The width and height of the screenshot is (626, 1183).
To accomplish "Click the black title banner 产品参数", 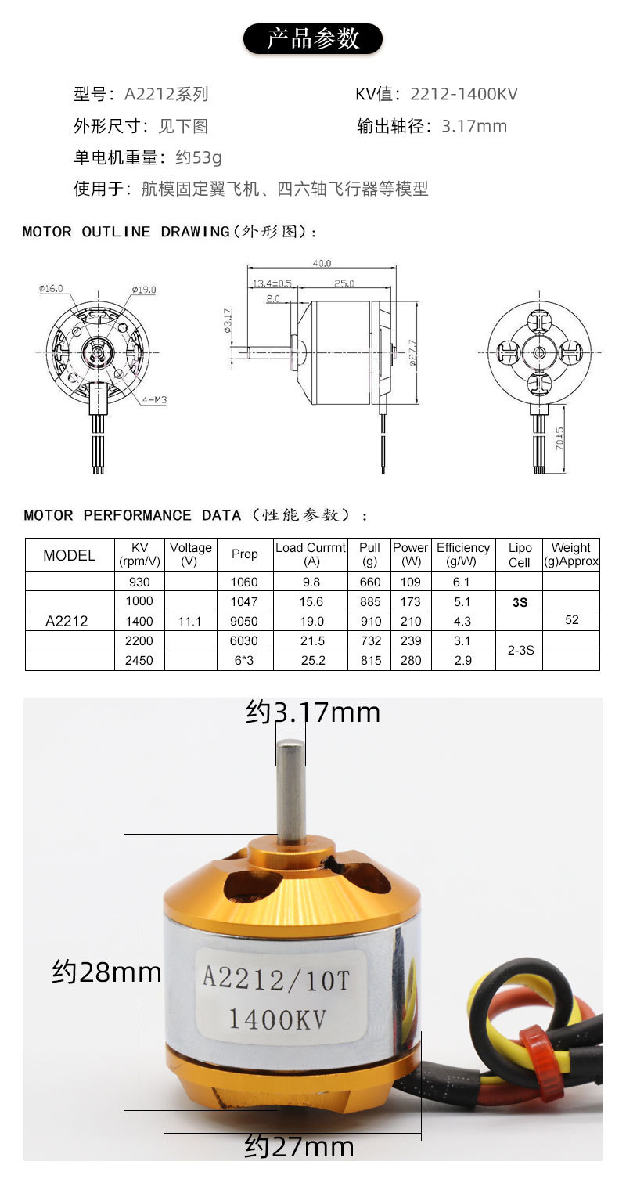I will coord(313,38).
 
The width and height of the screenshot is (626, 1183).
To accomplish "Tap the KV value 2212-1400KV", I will coord(463,95).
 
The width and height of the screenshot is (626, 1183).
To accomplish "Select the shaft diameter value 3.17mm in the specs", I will coord(474,126).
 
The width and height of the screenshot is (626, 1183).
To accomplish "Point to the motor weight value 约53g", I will coord(199,157).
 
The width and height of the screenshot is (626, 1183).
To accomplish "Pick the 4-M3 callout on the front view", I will coord(154,400).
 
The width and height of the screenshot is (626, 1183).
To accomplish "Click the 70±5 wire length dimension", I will coord(560,443).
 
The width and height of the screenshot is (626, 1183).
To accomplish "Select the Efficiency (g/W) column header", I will coord(462,554).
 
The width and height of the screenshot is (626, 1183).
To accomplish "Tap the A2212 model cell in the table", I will coord(67,621).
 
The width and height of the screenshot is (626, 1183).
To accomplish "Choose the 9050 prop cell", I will coord(244,621).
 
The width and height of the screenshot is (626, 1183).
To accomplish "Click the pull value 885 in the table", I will coord(369,601).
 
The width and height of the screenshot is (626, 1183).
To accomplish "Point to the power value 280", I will coord(410,660).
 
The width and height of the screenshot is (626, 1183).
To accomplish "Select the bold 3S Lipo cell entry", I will coord(519,602).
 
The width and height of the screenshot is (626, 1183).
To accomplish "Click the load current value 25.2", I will coord(311,660).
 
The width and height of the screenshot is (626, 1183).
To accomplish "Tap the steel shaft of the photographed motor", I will coord(291,791).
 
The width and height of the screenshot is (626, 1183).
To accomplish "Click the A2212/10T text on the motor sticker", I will coord(275,978).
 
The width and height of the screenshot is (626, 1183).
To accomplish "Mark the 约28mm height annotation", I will coord(106,972).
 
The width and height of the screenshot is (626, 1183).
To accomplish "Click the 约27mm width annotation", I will coord(299,1147).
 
